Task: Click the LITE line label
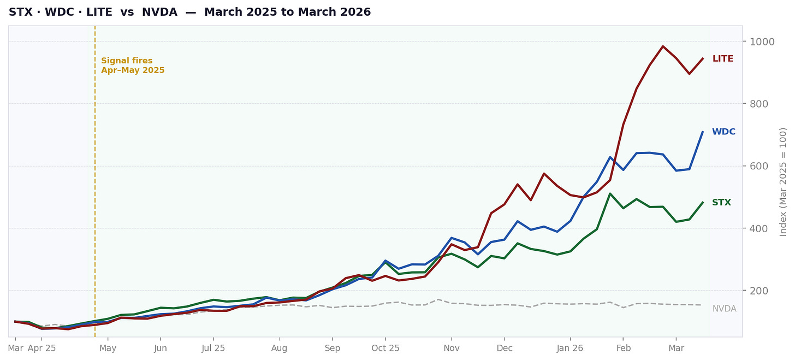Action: pos(722,59)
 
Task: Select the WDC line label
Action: pos(723,132)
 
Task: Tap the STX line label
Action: pos(721,203)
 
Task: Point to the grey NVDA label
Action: pos(724,309)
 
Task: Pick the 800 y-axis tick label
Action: pos(758,104)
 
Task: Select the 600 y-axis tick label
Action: pos(758,166)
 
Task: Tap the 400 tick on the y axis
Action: pos(758,228)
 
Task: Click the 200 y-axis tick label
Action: pos(758,291)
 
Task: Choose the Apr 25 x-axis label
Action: pos(41,348)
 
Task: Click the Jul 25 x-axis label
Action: pos(213,348)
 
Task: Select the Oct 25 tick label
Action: pos(385,348)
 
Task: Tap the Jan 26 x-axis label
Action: pos(570,348)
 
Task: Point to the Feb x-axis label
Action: pos(624,348)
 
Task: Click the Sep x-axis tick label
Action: pos(333,348)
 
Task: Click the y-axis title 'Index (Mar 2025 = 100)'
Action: pos(784,181)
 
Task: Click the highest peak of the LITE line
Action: pos(663,46)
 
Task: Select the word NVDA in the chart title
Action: pos(159,12)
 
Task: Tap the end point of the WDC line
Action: pos(703,132)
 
